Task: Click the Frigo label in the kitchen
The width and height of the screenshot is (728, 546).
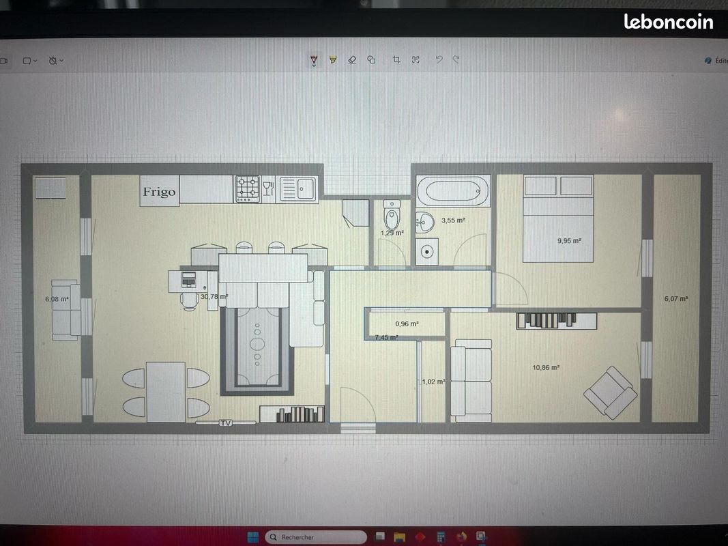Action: (x=159, y=192)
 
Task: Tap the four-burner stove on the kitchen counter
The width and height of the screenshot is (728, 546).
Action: (x=248, y=188)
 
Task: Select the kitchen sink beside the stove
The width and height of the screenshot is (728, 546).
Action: (x=298, y=188)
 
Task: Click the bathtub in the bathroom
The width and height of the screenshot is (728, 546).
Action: (x=453, y=190)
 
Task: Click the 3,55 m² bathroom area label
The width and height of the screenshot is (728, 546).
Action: (x=453, y=220)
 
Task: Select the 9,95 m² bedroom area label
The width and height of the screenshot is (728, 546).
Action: (x=569, y=240)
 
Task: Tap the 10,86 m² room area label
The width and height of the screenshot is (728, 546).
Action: (x=546, y=367)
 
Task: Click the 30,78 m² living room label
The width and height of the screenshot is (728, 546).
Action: (x=214, y=297)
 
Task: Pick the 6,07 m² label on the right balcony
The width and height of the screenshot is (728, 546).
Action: (x=675, y=298)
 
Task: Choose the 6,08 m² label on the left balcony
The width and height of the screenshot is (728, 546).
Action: (x=57, y=299)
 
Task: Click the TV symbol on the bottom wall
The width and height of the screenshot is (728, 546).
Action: (x=225, y=423)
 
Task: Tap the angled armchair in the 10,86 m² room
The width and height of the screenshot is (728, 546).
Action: (x=611, y=392)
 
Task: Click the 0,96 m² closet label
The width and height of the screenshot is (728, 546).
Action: (x=407, y=324)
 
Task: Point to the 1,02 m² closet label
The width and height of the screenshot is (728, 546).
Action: (x=433, y=382)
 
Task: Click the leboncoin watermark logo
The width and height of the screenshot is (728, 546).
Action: (x=668, y=22)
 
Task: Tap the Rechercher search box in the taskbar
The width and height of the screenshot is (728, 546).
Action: (x=315, y=537)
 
